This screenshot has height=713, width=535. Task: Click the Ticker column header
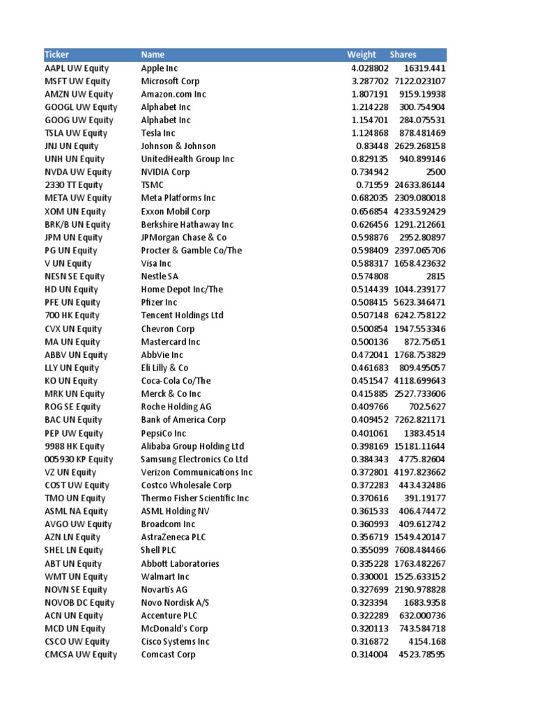point(57,54)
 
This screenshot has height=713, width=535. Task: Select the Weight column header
point(362,54)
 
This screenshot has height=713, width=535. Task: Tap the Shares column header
point(403,54)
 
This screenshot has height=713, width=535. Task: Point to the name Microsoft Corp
point(170,81)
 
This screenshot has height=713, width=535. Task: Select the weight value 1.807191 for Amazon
point(369,94)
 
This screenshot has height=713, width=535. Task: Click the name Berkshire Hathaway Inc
point(187,224)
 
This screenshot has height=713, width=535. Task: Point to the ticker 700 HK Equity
point(72,315)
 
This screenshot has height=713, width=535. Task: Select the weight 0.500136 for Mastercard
point(369,342)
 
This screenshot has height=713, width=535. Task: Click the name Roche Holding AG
point(176,407)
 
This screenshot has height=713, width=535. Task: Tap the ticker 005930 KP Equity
point(79,459)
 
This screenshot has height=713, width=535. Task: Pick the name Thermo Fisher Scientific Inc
point(194,498)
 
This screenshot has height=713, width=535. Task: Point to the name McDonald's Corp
point(174,628)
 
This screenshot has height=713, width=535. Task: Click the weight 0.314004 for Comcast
point(369,655)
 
